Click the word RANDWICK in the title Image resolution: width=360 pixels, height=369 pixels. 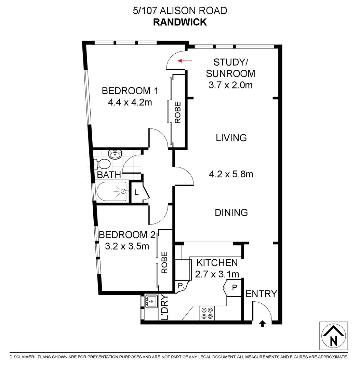coord(180,22)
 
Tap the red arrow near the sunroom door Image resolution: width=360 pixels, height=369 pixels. coord(185,61)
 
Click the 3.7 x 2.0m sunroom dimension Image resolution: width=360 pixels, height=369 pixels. coord(230,85)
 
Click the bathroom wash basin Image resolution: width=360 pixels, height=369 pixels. coord(115,154)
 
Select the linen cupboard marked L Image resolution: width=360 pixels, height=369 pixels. coord(136,192)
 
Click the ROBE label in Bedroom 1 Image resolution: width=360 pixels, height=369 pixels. coord(178,113)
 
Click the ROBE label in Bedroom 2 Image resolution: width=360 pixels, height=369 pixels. coord(164,262)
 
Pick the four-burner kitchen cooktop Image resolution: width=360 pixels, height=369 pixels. coord(207,313)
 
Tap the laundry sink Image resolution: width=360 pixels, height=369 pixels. coord(151,302)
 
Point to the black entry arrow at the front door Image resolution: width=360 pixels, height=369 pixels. coord(262,323)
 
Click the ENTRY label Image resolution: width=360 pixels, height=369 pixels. coord(261,294)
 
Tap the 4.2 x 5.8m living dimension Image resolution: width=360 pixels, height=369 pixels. coord(231,174)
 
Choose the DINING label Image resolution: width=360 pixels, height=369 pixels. coord(231,213)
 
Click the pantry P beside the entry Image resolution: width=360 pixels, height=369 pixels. coord(234,288)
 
